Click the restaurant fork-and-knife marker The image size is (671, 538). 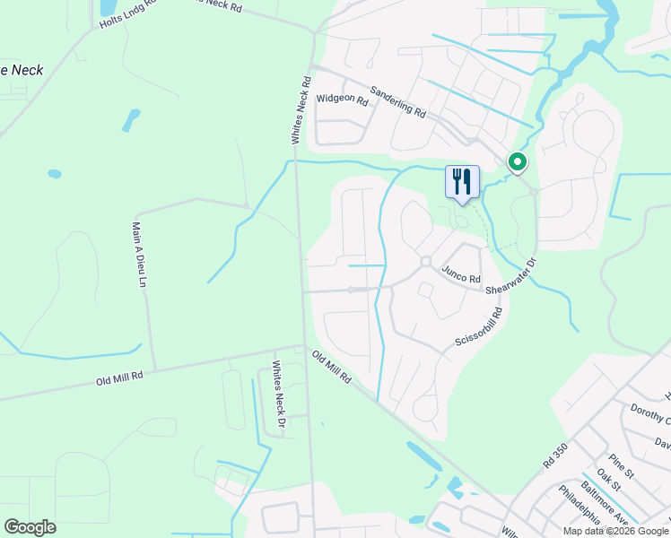click(x=462, y=181)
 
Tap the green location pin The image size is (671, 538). click(x=518, y=162)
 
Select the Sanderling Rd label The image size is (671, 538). click(x=397, y=100)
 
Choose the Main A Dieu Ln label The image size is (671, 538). click(x=139, y=255)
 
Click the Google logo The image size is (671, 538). click(x=30, y=527)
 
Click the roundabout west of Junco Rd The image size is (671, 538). click(x=425, y=262)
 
